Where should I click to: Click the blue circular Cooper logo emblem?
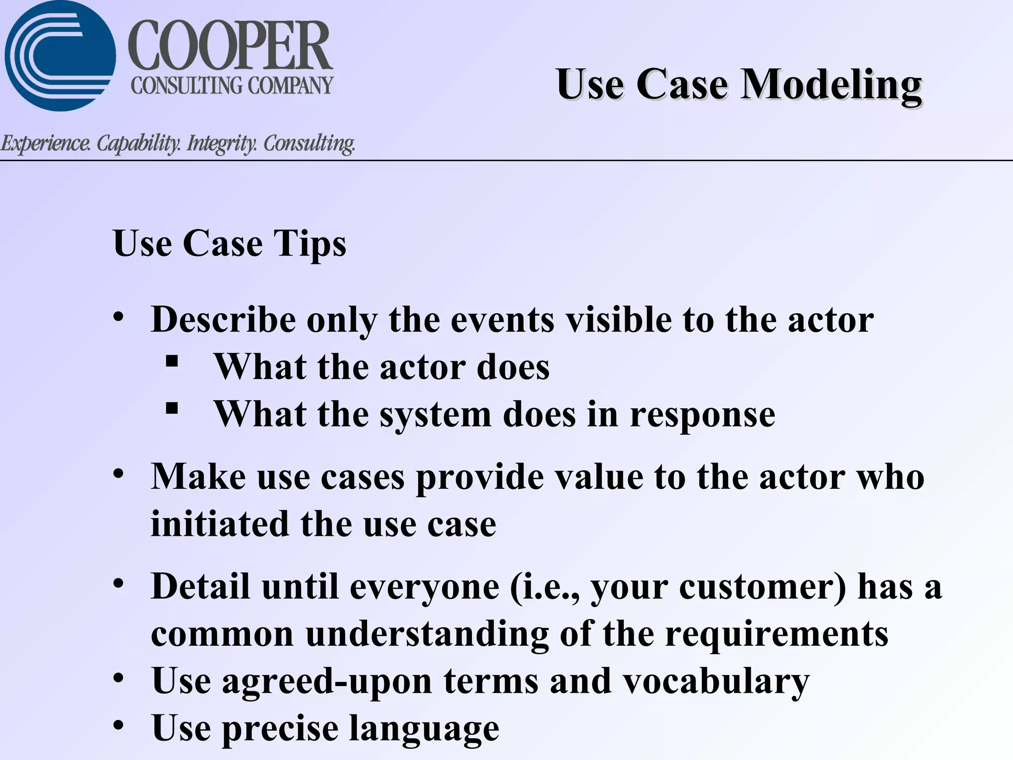click(x=60, y=55)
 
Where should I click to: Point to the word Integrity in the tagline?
click(x=222, y=143)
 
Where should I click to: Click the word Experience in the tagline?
click(x=46, y=143)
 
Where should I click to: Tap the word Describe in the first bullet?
click(x=223, y=320)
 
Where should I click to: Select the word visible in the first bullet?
click(x=618, y=320)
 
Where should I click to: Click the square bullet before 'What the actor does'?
click(x=172, y=361)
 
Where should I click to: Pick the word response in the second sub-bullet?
click(x=702, y=415)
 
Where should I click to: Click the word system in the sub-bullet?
click(x=435, y=415)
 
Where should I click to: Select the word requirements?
click(x=777, y=634)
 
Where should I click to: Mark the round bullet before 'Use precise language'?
click(x=118, y=725)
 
